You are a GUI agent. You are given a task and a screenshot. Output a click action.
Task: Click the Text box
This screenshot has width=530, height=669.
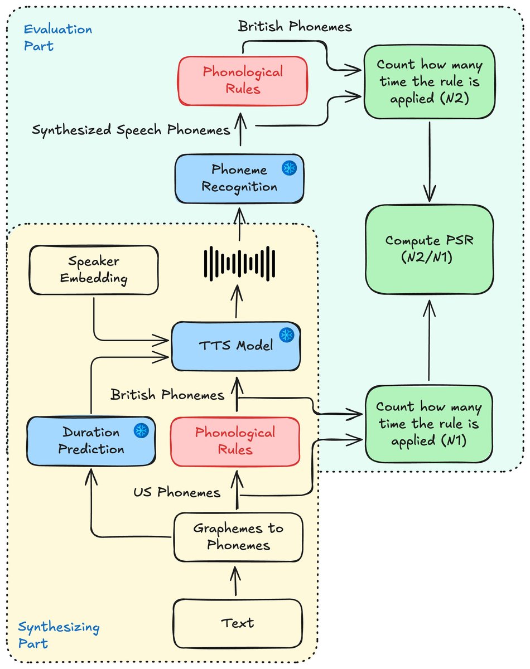(x=238, y=622)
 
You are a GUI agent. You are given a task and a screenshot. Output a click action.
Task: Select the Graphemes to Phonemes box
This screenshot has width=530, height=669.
(x=238, y=536)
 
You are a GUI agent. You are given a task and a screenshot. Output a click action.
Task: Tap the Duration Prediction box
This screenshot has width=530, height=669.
(x=91, y=440)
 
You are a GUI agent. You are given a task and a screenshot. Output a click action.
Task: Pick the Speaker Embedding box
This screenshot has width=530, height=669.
(x=94, y=269)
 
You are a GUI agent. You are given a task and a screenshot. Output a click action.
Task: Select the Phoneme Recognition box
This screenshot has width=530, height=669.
(x=239, y=178)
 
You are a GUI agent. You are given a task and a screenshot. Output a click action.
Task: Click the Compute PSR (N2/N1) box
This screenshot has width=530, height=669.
(x=429, y=249)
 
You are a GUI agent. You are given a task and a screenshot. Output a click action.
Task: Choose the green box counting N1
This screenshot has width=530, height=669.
(x=429, y=424)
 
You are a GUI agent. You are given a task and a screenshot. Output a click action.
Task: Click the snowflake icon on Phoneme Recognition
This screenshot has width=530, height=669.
(x=289, y=167)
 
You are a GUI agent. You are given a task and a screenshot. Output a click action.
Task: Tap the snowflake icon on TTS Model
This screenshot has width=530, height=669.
(x=287, y=334)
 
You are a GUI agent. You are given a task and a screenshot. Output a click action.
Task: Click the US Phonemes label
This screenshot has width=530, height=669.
(x=177, y=492)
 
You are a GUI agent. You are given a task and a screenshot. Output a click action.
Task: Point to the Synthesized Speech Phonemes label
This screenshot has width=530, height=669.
(x=131, y=130)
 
